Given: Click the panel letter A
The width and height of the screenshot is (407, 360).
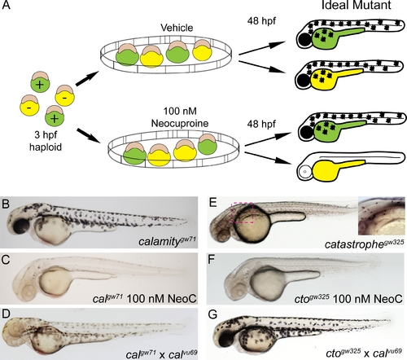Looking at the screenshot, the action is tap(6, 5).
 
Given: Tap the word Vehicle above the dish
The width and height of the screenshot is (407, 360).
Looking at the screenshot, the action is tap(177, 28).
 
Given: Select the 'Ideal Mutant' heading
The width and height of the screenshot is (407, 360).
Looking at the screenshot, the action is tap(356, 5).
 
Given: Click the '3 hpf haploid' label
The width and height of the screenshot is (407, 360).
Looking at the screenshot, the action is tap(46, 141).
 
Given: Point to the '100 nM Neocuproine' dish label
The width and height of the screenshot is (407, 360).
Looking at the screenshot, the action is tap(180, 117).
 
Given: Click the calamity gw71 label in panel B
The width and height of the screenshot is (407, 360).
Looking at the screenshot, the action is tap(167, 240).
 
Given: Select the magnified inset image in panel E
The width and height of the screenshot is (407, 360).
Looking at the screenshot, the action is tap(382, 216).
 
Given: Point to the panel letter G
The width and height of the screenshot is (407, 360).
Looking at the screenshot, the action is tap(213, 314).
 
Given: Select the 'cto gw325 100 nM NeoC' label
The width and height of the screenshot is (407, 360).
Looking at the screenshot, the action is tap(348, 299).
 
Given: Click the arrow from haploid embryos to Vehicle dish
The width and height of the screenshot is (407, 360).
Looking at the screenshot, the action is tap(86, 79).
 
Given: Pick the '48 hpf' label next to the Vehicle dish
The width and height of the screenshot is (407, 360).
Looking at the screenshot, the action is tap(261, 21).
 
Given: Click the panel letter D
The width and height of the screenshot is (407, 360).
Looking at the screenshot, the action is tap(6, 314).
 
